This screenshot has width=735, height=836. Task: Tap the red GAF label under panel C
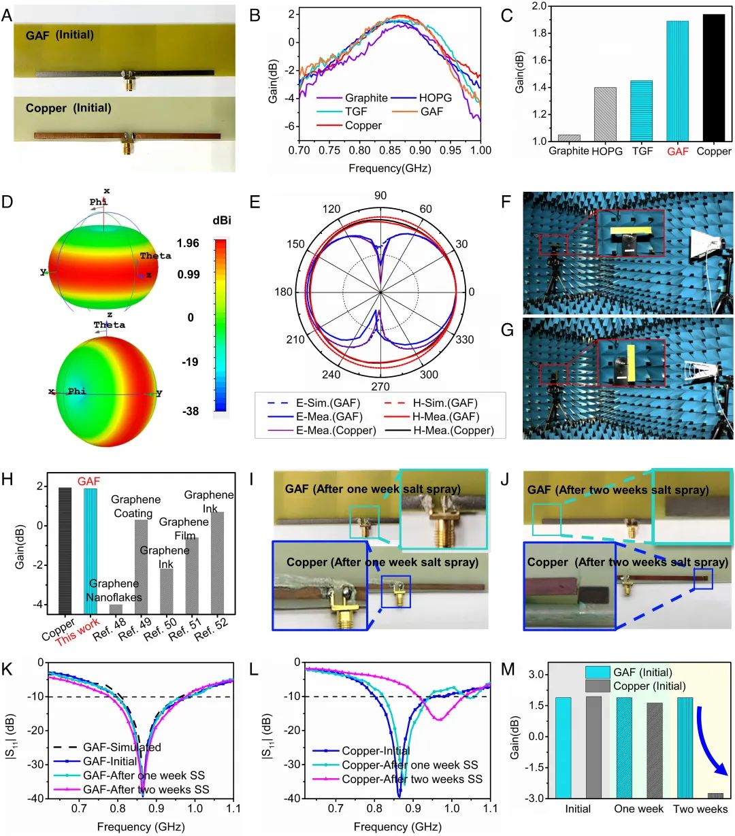(x=677, y=152)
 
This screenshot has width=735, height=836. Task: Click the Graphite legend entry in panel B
(x=366, y=98)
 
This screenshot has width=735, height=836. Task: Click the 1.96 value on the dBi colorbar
(x=189, y=243)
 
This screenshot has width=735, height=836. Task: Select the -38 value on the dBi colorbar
(x=189, y=411)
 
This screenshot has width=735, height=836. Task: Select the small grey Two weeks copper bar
(x=715, y=795)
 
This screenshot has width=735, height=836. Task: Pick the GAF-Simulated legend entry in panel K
(x=122, y=747)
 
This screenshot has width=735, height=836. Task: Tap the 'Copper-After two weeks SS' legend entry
(x=412, y=779)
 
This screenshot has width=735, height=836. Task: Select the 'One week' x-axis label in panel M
(x=638, y=809)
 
